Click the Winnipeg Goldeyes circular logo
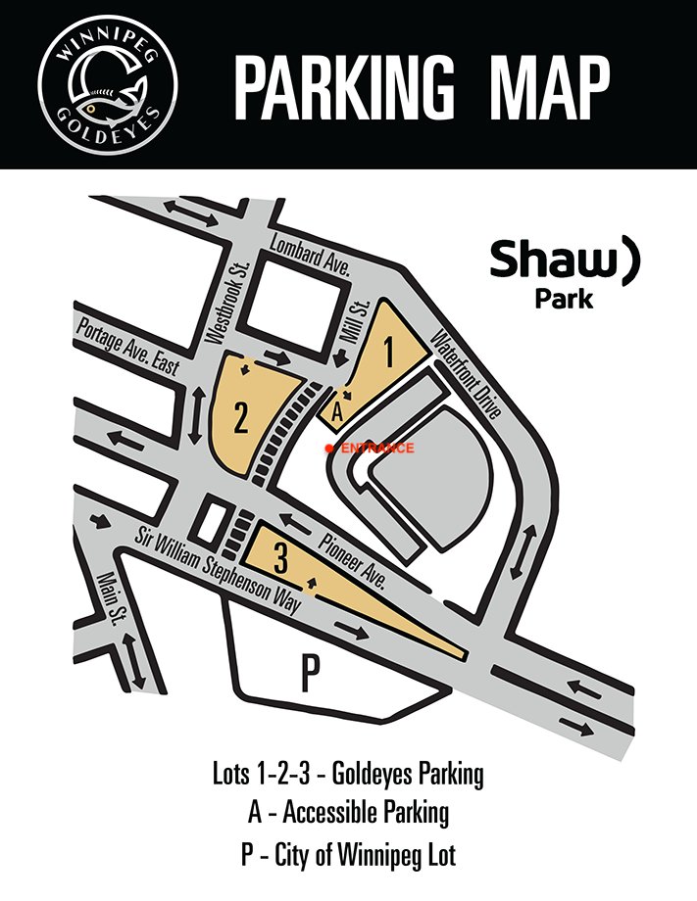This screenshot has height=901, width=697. [x=96, y=85]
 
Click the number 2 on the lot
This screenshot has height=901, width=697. [x=241, y=419]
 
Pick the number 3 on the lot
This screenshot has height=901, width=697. [x=281, y=560]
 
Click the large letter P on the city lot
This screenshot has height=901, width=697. [x=310, y=674]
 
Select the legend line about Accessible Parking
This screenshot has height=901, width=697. [x=348, y=813]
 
